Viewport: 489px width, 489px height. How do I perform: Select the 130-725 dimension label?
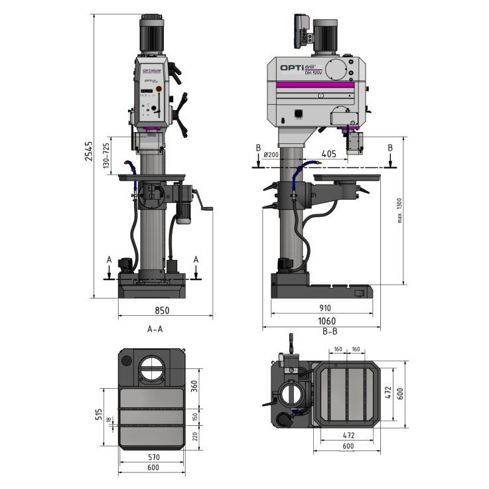(106, 155)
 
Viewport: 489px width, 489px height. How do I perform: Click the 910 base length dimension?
(325, 309)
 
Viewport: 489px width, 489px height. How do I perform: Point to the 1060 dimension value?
(325, 320)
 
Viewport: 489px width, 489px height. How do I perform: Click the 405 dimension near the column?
(329, 154)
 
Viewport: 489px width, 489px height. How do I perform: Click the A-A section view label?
(155, 328)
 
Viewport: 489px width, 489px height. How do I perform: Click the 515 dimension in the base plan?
(98, 415)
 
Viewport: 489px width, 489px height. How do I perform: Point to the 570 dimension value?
(154, 456)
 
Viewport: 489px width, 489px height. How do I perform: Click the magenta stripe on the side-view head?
(314, 85)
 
